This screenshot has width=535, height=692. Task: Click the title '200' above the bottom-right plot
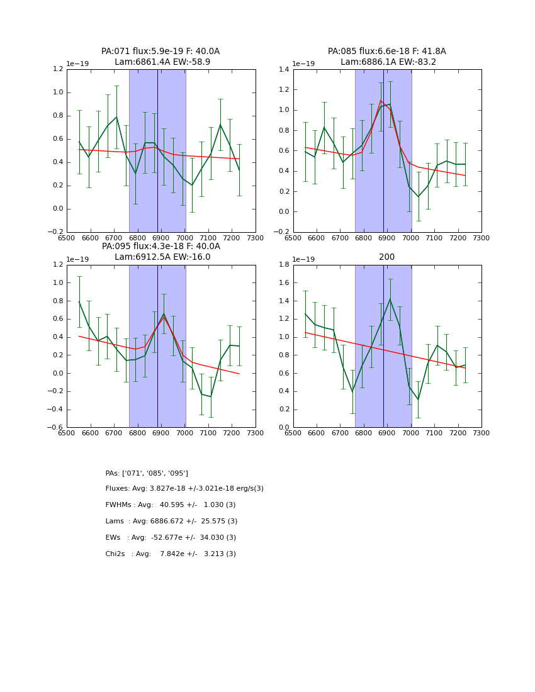(x=386, y=257)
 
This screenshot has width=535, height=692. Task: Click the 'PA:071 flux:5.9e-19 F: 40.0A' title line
(x=160, y=52)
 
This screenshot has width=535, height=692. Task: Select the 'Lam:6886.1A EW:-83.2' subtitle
(x=388, y=62)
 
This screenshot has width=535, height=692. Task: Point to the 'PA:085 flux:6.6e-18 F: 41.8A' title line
(x=386, y=52)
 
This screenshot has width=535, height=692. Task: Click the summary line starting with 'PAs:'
(x=147, y=473)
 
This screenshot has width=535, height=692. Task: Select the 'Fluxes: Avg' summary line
(x=184, y=489)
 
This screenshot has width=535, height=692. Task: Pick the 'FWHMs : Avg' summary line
(x=170, y=505)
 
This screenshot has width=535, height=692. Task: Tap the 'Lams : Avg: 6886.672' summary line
(x=171, y=522)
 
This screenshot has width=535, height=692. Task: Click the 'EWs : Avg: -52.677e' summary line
(x=171, y=538)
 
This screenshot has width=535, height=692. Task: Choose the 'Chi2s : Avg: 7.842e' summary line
(x=171, y=554)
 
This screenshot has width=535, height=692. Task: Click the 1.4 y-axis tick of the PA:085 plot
(x=282, y=69)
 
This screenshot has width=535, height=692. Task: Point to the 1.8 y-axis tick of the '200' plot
(x=282, y=265)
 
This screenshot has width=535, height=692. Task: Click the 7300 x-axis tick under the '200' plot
(x=481, y=433)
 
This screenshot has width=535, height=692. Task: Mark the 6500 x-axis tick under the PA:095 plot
(x=67, y=433)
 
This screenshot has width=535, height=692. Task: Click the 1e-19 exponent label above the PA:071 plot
(x=77, y=64)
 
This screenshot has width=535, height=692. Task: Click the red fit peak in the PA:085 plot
(x=381, y=100)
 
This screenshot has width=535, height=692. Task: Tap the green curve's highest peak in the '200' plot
(x=390, y=299)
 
